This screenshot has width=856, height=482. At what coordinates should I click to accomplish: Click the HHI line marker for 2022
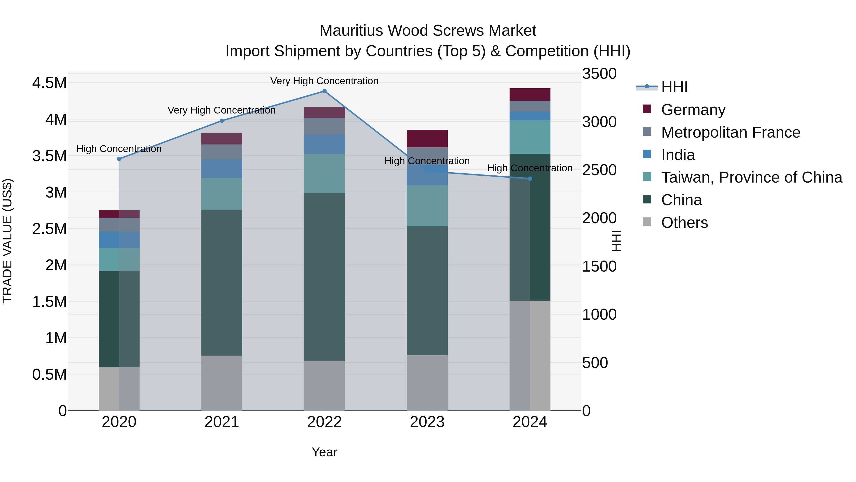pyautogui.click(x=324, y=91)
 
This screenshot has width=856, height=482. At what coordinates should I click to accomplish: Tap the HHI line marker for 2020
pyautogui.click(x=119, y=159)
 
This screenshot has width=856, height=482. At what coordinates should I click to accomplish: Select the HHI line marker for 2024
pyautogui.click(x=530, y=179)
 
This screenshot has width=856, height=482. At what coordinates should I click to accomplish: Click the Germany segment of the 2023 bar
pyautogui.click(x=427, y=138)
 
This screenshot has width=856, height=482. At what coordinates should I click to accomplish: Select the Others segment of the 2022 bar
pyautogui.click(x=324, y=386)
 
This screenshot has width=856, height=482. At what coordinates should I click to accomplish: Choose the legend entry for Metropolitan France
pyautogui.click(x=730, y=132)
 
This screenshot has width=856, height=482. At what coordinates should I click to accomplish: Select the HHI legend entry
pyautogui.click(x=674, y=87)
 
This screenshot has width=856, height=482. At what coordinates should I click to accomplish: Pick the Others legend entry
pyautogui.click(x=684, y=223)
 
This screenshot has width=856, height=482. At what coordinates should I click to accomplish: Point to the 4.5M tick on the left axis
pyautogui.click(x=49, y=83)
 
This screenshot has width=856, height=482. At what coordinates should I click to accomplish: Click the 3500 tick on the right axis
pyautogui.click(x=599, y=74)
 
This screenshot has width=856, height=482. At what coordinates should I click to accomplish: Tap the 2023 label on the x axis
pyautogui.click(x=427, y=422)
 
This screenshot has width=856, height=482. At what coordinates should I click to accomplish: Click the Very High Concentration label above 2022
pyautogui.click(x=324, y=81)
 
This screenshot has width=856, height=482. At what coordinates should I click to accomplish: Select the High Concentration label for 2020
pyautogui.click(x=119, y=149)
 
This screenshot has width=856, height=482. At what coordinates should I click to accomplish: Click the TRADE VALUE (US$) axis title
pyautogui.click(x=7, y=241)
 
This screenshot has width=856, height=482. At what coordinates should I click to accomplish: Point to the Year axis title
pyautogui.click(x=324, y=452)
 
